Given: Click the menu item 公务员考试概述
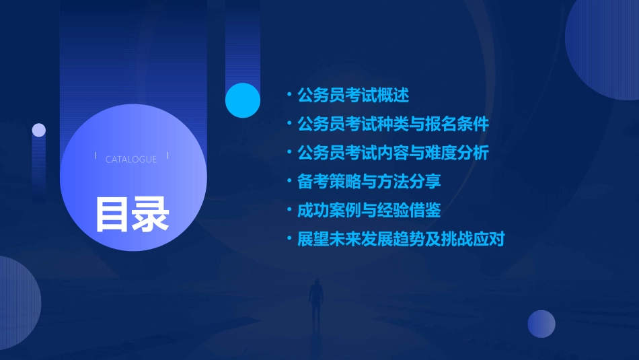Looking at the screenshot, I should tap(352, 96).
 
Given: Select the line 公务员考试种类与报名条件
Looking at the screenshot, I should tap(393, 124).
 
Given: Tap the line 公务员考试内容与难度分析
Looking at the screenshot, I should tap(393, 153).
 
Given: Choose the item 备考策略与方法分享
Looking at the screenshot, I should tap(369, 182).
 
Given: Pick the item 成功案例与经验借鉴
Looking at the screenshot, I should tap(369, 210).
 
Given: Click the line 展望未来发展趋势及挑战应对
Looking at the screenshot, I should tap(401, 239).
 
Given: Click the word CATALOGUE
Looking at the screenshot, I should tap(131, 159).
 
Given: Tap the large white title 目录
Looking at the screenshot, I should tap(132, 214).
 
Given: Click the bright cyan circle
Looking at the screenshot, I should tap(243, 100).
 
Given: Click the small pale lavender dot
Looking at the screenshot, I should tap(39, 130).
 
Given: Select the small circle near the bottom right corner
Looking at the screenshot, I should tap(541, 324).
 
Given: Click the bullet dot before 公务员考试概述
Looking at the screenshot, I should tap(289, 96).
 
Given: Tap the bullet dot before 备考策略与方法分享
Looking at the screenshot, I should tap(289, 182).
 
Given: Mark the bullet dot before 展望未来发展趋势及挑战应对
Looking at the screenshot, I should tap(289, 239).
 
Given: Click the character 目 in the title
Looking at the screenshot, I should tap(112, 214).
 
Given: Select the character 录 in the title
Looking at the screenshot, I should tap(151, 214).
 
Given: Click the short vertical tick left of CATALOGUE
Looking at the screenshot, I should tap(96, 156).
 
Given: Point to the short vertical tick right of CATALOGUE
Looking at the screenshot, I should tap(167, 156).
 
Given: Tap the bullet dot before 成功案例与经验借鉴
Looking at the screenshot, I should tap(289, 210).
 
